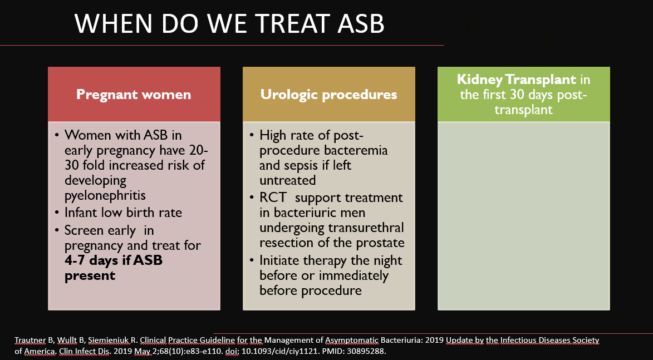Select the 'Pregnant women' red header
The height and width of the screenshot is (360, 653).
pos(134,94)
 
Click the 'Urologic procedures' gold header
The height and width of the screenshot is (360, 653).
pos(328,94)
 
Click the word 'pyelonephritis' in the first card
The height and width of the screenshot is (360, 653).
pos(105,196)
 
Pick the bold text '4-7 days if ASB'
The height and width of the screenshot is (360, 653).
pos(113,260)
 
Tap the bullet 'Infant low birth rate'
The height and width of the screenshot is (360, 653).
pos(123,213)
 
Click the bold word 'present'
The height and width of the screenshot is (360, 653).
pos(90,276)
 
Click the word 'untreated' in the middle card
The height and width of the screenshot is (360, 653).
pos(287,181)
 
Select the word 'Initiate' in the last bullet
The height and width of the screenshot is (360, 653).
pos(279,260)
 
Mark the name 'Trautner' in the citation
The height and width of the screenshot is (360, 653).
pos(31,341)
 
